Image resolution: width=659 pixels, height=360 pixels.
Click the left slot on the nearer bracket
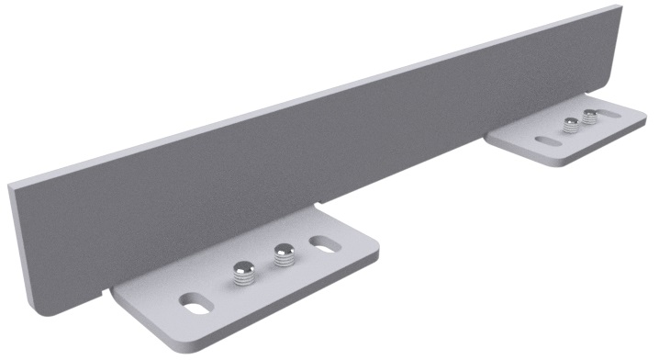[195, 300]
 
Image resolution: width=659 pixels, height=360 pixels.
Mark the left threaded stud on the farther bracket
[571, 127]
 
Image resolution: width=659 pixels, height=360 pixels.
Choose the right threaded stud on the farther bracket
[587, 118]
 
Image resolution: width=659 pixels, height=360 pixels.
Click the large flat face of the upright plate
[303, 156]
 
